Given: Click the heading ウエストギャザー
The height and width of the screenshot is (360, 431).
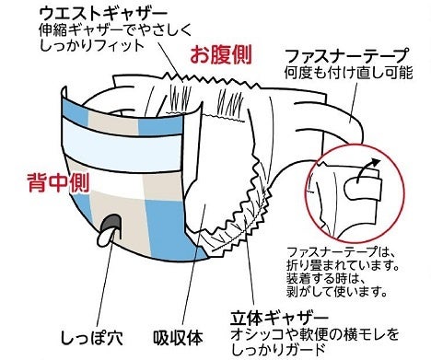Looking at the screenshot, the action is point(103,14).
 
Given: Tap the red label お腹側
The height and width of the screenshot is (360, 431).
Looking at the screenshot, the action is point(221,54).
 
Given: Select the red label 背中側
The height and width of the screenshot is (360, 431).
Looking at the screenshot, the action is point(58,182).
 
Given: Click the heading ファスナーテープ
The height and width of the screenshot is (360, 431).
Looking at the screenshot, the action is point(347,55).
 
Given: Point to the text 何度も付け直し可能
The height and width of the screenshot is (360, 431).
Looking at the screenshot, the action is point(348,73).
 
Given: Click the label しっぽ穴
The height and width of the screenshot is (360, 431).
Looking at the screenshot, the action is point(91,338).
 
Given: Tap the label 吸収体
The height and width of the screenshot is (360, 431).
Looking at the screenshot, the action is point(178,338).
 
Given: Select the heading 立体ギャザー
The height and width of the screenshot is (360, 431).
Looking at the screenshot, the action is point(279,319).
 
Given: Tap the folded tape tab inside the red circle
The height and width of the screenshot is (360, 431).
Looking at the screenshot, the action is point(363,190).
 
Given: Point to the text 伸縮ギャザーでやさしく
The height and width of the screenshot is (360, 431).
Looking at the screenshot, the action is point(115,30).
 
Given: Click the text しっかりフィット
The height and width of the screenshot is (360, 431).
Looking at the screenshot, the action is point(92,46).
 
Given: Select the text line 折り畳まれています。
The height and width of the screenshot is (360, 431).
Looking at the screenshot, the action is point(343,265).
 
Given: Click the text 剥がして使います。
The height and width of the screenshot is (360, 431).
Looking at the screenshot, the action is point(336,291).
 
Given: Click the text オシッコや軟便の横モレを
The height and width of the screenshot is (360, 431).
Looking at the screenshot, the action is point(314,334).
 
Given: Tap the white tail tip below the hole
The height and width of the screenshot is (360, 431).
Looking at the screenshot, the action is point(103,238).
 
